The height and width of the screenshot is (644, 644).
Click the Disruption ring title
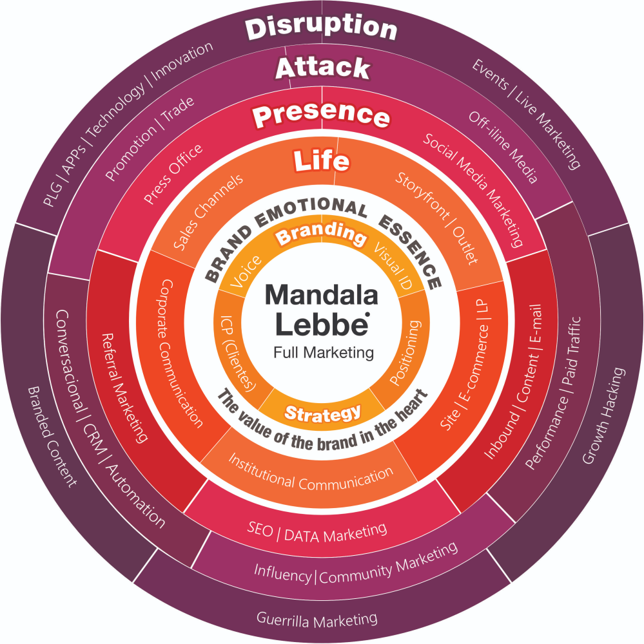tap(322, 28)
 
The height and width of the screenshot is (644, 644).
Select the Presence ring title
tap(322, 116)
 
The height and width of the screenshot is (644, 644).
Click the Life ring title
tap(322, 161)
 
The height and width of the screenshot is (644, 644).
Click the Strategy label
tap(322, 413)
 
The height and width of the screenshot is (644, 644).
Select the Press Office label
tap(173, 174)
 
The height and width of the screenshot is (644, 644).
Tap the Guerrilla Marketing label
tap(317, 620)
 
